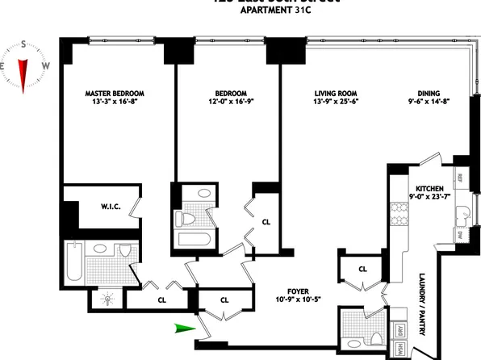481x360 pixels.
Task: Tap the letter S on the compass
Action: point(24,45)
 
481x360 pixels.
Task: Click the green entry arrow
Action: point(183,327)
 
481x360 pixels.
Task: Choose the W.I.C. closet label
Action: point(111,206)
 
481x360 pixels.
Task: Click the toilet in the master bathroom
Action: point(123,253)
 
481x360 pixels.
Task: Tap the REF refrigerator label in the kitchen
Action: point(460,177)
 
